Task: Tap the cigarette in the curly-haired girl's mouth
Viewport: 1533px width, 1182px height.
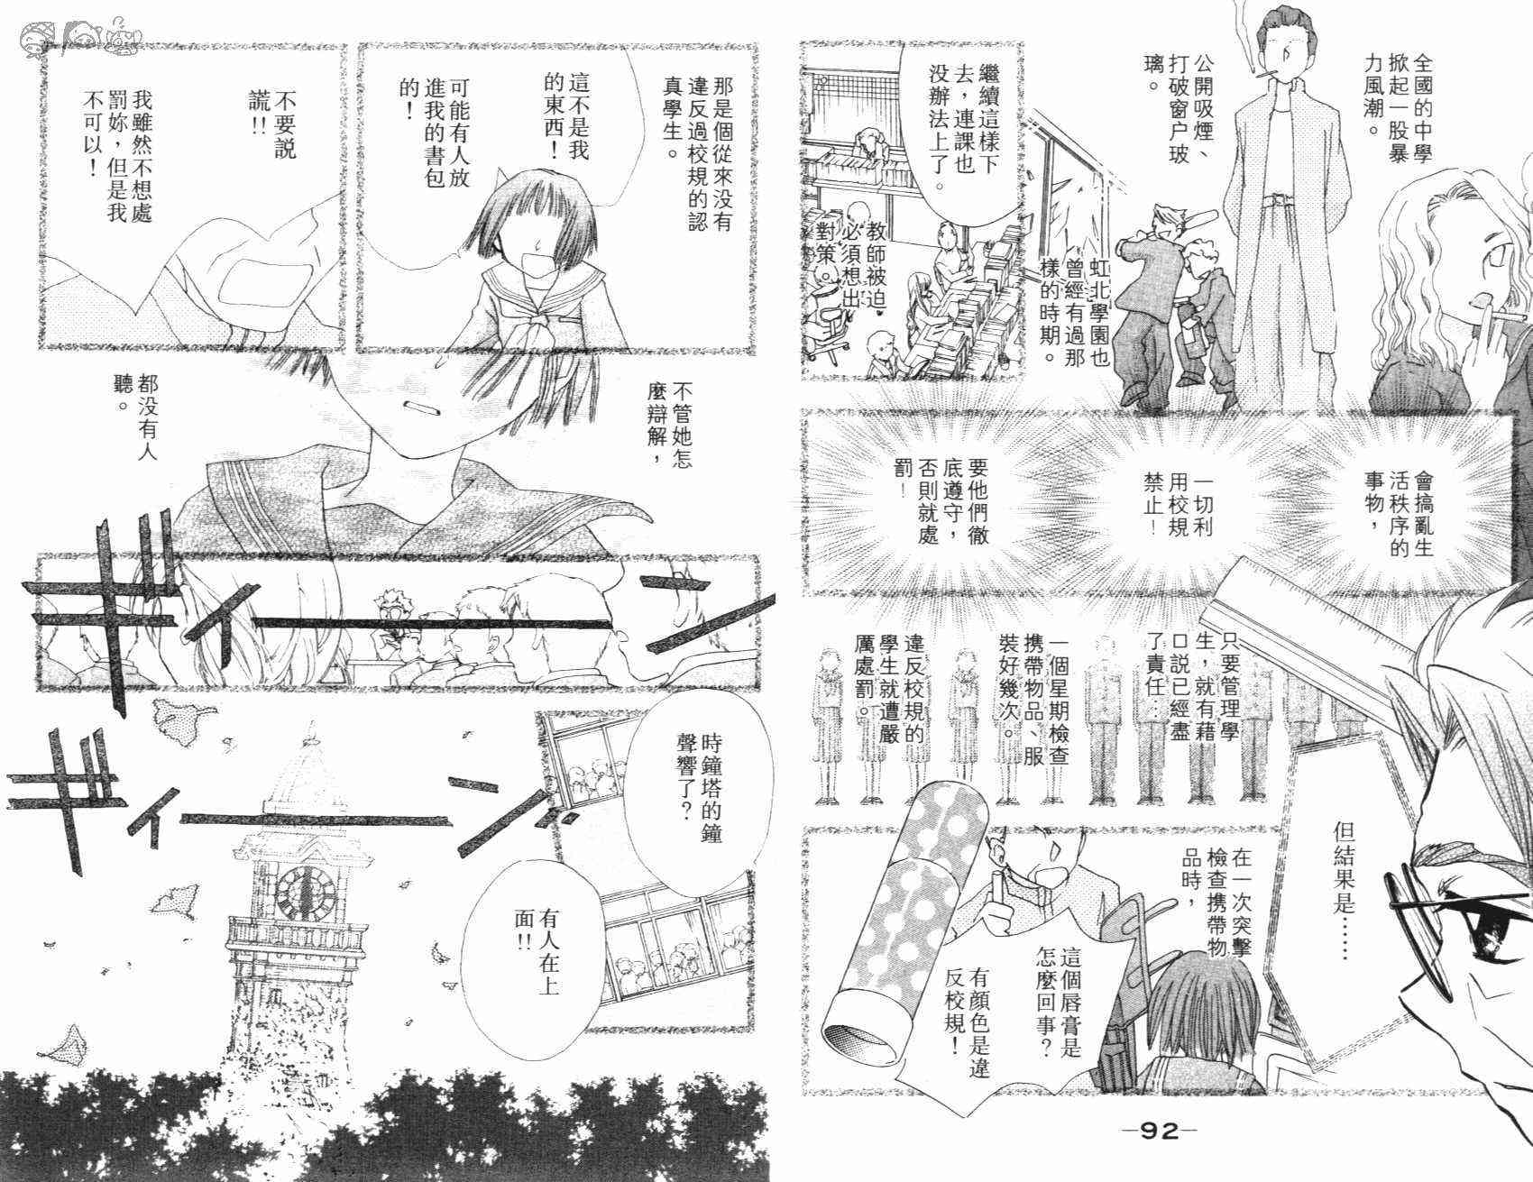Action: click(x=1502, y=317)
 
